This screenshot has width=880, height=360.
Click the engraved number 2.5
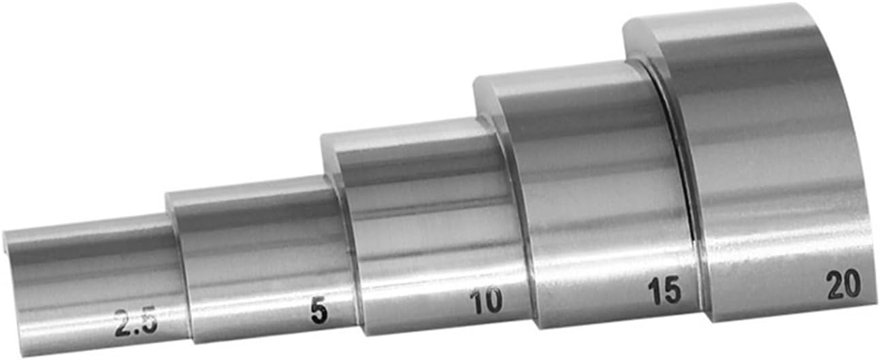coord(136,323)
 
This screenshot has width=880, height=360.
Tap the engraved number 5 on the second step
coord(319,311)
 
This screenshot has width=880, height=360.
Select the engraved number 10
coord(487,301)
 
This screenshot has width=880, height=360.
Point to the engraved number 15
coord(665,290)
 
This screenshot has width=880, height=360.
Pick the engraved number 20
coord(844,284)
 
